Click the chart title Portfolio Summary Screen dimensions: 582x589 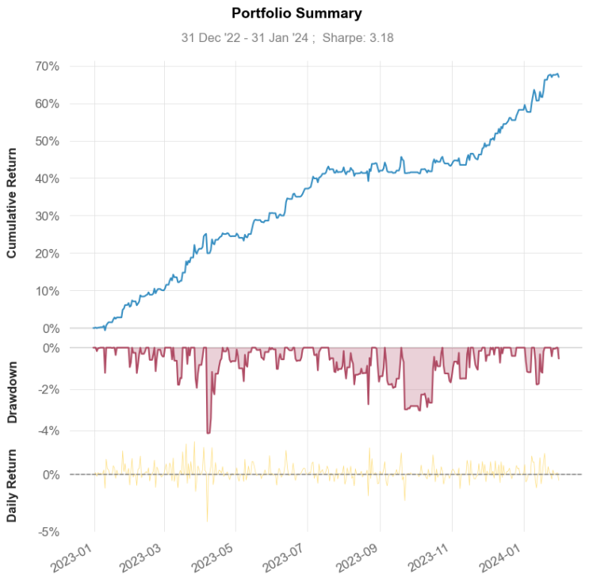pyautogui.click(x=296, y=13)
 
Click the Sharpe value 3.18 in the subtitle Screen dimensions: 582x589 pyautogui.click(x=381, y=36)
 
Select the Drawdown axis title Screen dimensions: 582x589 pyautogui.click(x=13, y=389)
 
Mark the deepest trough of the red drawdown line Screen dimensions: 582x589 pyautogui.click(x=208, y=432)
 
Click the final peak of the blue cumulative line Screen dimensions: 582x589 pyautogui.click(x=556, y=74)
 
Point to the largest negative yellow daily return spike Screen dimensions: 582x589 pyautogui.click(x=208, y=520)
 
